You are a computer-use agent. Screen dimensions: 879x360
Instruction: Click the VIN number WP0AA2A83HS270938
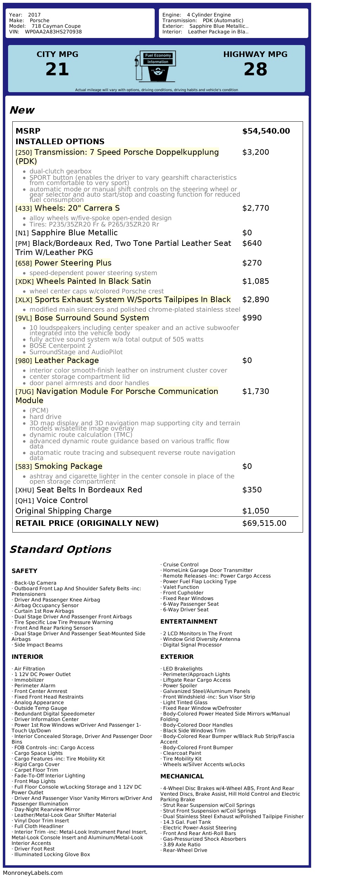pos(53,32)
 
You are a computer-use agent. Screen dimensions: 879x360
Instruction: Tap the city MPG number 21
pos(57,69)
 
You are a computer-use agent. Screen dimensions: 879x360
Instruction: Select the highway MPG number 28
pos(255,69)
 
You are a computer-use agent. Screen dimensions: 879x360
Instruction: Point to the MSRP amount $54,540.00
pos(266,131)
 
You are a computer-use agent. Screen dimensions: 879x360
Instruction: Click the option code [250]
pos(24,153)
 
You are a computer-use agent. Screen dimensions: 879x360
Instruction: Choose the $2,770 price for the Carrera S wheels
pos(256,208)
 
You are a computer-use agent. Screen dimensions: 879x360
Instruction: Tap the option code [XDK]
pos(24,282)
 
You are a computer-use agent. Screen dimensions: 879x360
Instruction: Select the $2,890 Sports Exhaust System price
pos(256,300)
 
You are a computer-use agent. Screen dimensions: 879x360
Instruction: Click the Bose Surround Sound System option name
pos(91,318)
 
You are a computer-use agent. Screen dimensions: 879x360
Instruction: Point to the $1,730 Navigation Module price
pos(256,391)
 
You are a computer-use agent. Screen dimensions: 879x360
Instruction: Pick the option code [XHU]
pos(25,490)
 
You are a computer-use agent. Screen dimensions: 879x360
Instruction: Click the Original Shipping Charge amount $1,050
pos(256,511)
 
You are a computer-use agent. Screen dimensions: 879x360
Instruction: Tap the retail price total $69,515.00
pos(264,523)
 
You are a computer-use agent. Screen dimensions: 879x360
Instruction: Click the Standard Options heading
pos(60,550)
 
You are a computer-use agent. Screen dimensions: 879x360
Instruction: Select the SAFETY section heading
pos(24,571)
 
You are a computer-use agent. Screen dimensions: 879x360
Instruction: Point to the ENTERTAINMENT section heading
pos(189,622)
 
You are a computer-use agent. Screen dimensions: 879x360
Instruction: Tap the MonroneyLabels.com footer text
pos(33,873)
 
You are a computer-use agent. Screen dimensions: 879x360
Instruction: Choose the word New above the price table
pos(22,110)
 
